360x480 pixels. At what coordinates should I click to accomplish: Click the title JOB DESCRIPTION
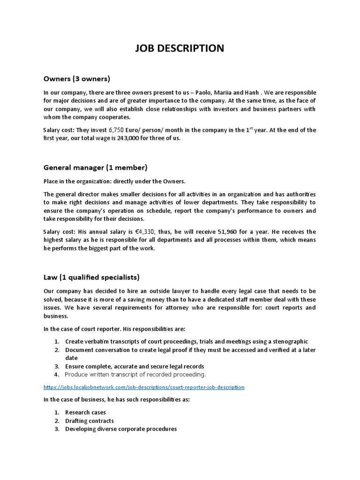pos(180,48)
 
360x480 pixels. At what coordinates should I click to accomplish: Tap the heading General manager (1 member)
pos(95,167)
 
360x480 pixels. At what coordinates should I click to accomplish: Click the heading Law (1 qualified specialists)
pos(91,277)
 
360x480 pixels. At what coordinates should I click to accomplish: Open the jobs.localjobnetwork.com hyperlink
pos(144,388)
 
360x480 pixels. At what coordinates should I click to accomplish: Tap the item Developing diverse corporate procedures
pos(120,429)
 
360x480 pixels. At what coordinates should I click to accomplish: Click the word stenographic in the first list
pos(290,342)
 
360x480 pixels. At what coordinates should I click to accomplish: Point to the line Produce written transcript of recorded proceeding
pos(135,375)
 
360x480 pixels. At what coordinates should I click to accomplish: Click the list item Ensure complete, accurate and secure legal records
pos(135,366)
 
